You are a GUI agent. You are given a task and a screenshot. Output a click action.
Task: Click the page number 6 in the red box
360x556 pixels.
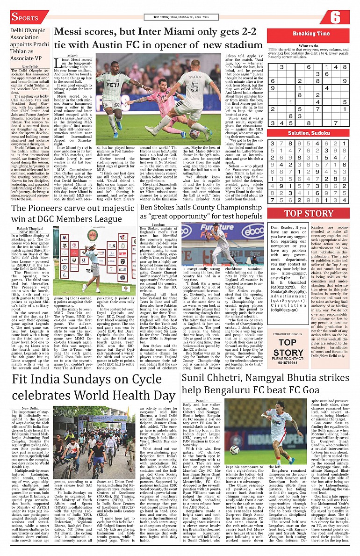point(335,17)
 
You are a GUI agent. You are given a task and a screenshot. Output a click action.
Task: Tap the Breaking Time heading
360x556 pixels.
point(311,34)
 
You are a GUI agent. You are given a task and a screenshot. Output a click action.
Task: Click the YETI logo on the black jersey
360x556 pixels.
point(113,86)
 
